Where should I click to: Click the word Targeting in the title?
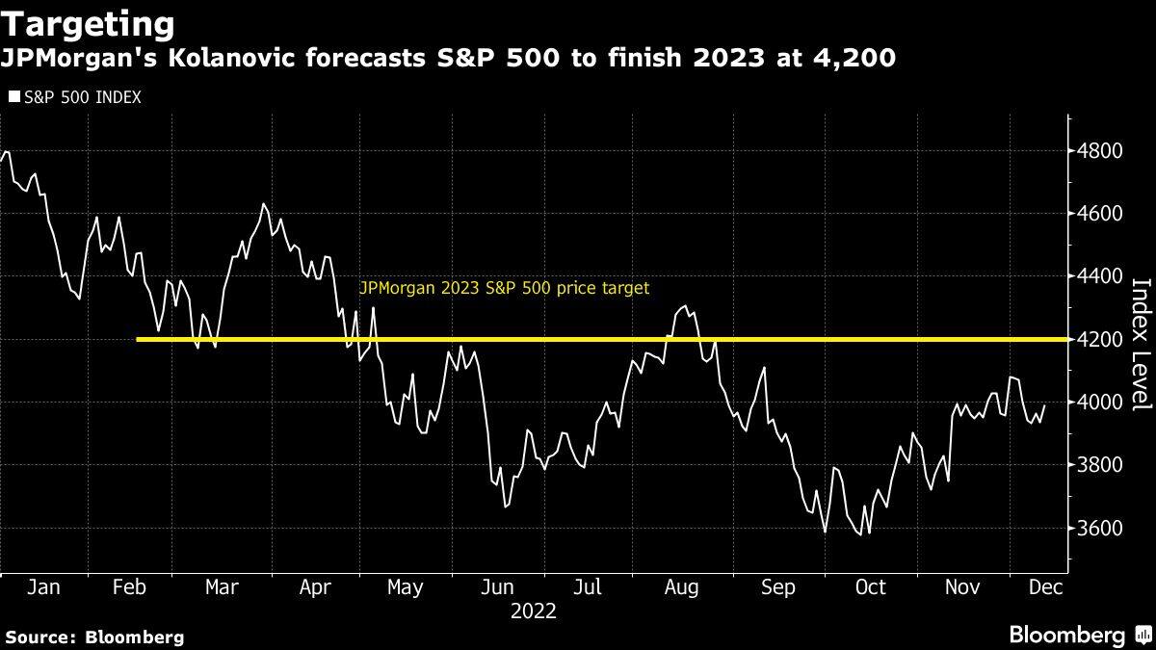tap(89, 24)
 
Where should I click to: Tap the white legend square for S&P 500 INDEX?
tap(13, 97)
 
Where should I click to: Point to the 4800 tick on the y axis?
tap(1099, 151)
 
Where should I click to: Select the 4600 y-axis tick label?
tap(1099, 214)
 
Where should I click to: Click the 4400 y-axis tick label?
tap(1099, 276)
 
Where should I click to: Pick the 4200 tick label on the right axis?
tap(1099, 340)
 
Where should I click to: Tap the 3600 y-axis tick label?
tap(1099, 529)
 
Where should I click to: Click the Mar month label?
tap(223, 587)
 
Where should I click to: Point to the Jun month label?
tap(497, 587)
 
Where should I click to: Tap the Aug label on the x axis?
tap(681, 587)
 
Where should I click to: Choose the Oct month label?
tap(871, 587)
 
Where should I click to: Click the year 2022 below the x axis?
tap(534, 611)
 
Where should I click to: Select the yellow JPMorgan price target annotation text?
tap(504, 288)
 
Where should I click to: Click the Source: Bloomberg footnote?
tap(94, 637)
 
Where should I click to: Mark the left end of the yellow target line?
tap(140, 339)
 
